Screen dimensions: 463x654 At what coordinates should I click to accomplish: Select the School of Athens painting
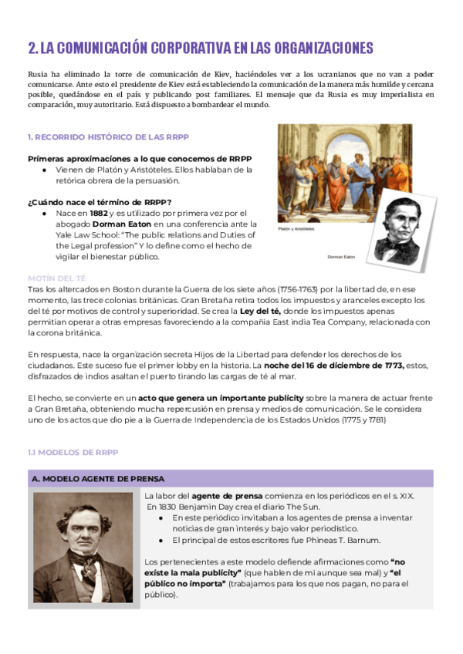[344, 173]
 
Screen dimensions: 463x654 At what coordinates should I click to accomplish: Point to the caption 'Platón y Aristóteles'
[296, 229]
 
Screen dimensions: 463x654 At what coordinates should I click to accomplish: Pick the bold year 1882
[99, 213]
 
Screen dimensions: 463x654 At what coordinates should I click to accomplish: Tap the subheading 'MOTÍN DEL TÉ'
[56, 277]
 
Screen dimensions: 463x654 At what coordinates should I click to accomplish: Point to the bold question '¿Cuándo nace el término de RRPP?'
[98, 202]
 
